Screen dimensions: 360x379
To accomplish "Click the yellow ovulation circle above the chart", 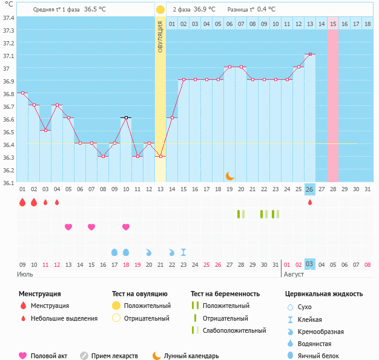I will pos(160,10).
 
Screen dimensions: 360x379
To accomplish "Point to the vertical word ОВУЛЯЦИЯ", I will pos(160,36).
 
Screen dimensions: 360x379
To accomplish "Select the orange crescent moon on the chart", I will pos(230,175).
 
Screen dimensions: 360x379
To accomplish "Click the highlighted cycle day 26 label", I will pos(309,190).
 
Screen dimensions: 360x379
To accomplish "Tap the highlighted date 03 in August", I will pos(309,264).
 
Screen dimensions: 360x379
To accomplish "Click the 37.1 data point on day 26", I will pos(310,54).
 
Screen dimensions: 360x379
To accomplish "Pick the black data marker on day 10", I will pos(126,117).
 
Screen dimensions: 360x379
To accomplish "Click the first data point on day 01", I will pos(22,93).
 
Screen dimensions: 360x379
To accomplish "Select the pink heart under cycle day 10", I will pos(126,227).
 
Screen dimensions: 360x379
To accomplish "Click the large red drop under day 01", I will pos(22,202).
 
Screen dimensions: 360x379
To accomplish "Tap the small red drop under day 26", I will pos(310,202).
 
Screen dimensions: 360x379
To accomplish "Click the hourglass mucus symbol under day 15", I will pos(183,252).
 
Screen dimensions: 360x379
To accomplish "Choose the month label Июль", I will pos(25,274).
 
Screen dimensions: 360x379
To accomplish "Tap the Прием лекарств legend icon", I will pos(84,356).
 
